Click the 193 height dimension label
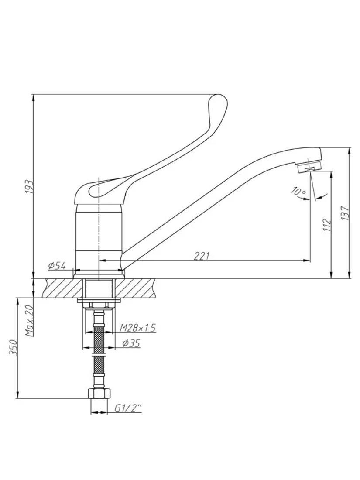pyautogui.click(x=29, y=186)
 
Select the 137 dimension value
pyautogui.click(x=345, y=213)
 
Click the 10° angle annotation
pyautogui.click(x=299, y=191)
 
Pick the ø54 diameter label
pyautogui.click(x=57, y=265)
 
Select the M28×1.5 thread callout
pyautogui.click(x=138, y=328)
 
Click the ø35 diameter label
pyautogui.click(x=131, y=343)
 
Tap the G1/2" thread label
pyautogui.click(x=128, y=408)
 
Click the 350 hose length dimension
pyautogui.click(x=13, y=347)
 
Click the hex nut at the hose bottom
pyautogui.click(x=99, y=393)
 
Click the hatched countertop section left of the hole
pyautogui.click(x=63, y=288)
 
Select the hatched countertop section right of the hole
pyautogui.click(x=135, y=288)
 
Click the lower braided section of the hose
pyautogui.click(x=99, y=366)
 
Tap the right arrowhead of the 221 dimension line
pyautogui.click(x=307, y=261)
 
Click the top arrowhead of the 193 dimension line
pyautogui.click(x=33, y=98)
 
